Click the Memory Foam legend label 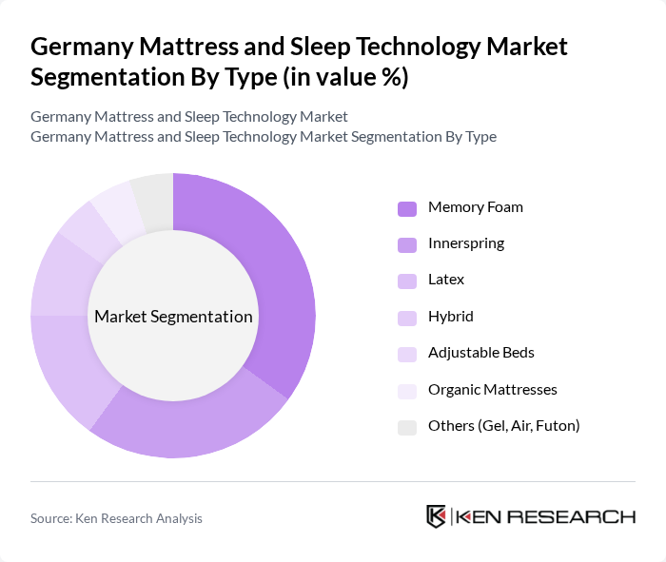pyautogui.click(x=475, y=207)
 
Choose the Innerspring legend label pyautogui.click(x=465, y=243)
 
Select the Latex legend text pyautogui.click(x=446, y=280)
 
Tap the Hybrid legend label pyautogui.click(x=450, y=317)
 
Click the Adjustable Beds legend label pyautogui.click(x=480, y=353)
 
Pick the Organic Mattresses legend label pyautogui.click(x=492, y=389)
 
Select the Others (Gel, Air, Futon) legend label pyautogui.click(x=503, y=426)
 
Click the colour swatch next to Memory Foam pyautogui.click(x=406, y=208)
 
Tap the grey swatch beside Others pyautogui.click(x=406, y=427)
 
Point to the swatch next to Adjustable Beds pyautogui.click(x=406, y=354)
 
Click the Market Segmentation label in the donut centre pyautogui.click(x=173, y=317)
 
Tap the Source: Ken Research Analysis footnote pyautogui.click(x=116, y=518)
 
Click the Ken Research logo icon pyautogui.click(x=436, y=517)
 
